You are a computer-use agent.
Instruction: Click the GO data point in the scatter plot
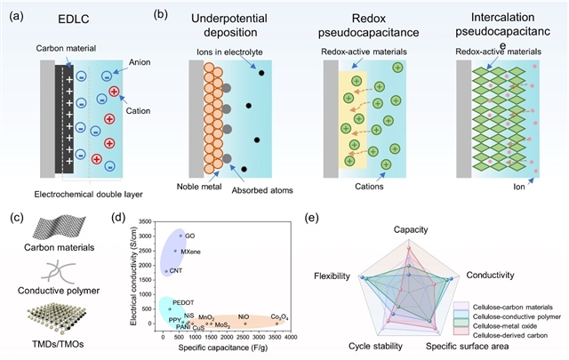(180, 235)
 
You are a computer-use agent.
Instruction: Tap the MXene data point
(175, 251)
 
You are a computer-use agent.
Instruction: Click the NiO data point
(244, 324)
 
